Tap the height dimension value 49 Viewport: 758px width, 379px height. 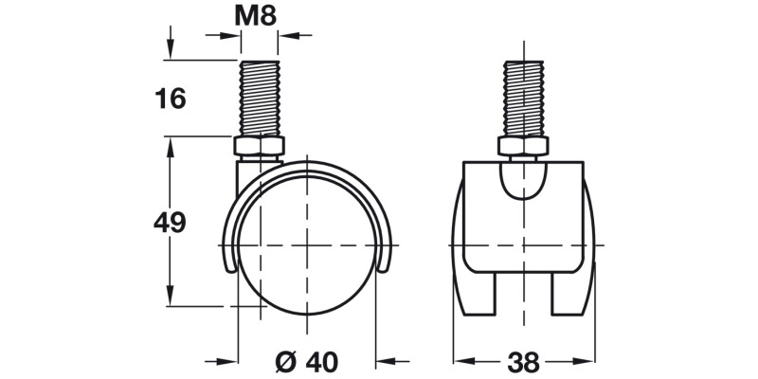[x=170, y=223]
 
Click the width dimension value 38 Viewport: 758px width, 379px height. [x=523, y=361]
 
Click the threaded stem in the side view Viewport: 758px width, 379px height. [x=259, y=99]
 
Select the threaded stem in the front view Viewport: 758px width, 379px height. [x=523, y=99]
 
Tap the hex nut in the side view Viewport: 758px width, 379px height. [x=259, y=148]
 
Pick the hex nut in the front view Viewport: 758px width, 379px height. [x=523, y=148]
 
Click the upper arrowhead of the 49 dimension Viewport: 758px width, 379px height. [x=171, y=146]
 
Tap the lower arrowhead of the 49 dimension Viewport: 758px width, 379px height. [x=171, y=298]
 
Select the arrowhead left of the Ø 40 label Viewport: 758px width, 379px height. [x=226, y=361]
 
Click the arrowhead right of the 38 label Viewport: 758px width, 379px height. [x=585, y=361]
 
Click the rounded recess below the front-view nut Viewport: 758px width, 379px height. [x=523, y=180]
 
